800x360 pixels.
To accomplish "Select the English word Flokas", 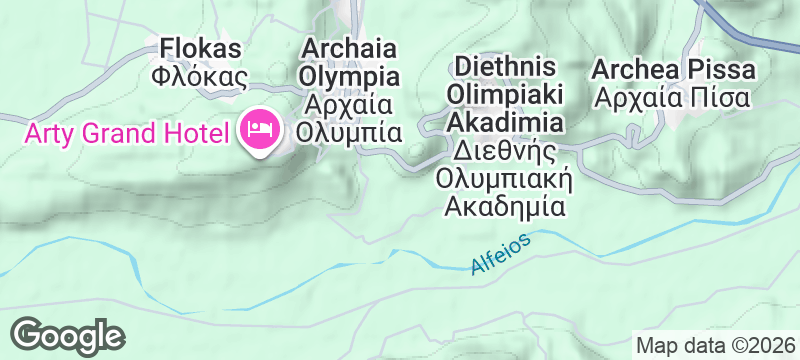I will pos(199,48).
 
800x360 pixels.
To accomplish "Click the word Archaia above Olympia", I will pos(350,48).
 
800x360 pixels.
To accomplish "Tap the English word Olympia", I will pos(350,77).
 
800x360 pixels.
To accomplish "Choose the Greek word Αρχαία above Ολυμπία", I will pos(350,105).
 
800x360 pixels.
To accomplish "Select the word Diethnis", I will pos(504,67).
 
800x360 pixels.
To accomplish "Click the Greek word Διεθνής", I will pos(504,152).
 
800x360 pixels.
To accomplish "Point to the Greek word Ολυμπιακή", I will pos(504,180).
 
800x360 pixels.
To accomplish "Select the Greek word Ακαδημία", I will pos(504,208).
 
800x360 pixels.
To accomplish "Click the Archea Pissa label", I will pos(672,70).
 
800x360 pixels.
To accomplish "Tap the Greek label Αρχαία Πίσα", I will pos(672,98).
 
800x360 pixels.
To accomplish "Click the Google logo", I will pos(68,334).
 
